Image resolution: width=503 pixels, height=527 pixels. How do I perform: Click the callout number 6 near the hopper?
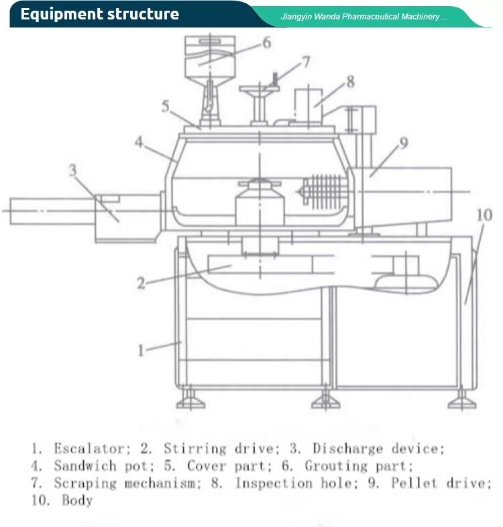(x=266, y=43)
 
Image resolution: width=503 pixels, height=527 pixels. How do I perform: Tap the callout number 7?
(x=305, y=62)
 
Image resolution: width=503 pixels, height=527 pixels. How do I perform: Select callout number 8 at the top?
(x=349, y=82)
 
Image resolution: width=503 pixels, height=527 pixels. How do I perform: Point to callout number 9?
(x=403, y=143)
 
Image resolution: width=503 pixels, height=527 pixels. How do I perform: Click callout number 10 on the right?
(x=484, y=215)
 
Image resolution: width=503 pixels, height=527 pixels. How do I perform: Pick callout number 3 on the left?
(x=72, y=170)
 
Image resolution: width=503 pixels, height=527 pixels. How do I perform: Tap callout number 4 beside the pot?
(x=139, y=142)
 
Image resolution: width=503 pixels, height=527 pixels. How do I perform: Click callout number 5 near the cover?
(x=165, y=106)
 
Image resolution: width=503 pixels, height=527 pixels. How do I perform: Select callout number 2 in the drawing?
(x=140, y=283)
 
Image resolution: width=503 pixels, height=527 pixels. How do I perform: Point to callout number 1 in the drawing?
(x=141, y=350)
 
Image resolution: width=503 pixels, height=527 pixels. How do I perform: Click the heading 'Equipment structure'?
(x=99, y=14)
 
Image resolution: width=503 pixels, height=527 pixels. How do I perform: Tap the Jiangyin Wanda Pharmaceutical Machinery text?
(x=364, y=16)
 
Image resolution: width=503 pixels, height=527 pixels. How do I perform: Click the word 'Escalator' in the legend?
(x=89, y=449)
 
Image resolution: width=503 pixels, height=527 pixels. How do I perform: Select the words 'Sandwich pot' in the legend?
(x=95, y=465)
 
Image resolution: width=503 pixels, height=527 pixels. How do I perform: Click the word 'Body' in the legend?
(x=77, y=500)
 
